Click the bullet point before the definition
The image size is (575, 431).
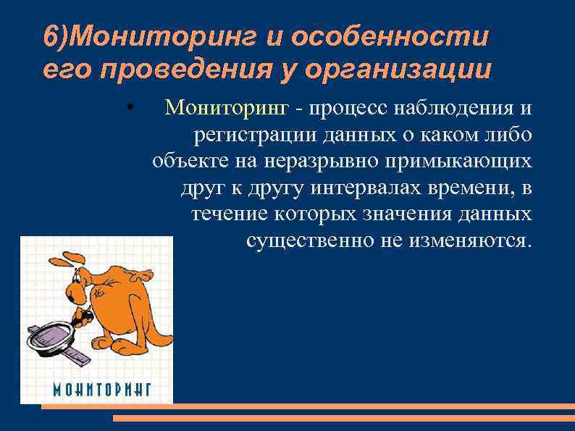127,109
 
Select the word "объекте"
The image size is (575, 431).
188,160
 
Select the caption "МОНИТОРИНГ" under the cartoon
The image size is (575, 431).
101,388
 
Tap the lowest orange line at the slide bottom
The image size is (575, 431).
343,418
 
